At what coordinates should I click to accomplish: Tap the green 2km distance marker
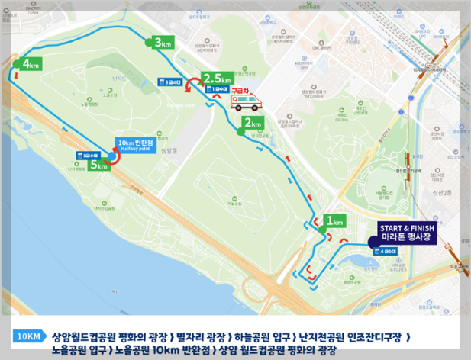tap(251, 123)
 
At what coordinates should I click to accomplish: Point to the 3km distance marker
tap(162, 43)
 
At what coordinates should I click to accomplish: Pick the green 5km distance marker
tap(98, 164)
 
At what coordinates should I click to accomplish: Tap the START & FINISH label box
tap(408, 232)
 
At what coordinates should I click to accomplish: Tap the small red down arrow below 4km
tap(15, 76)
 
